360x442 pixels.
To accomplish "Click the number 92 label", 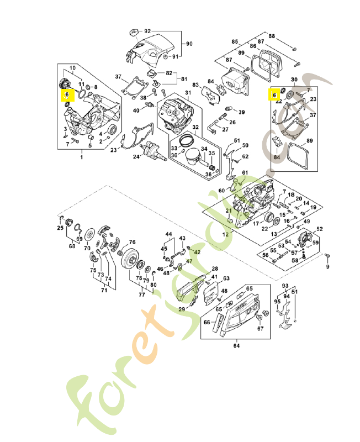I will click(x=147, y=31).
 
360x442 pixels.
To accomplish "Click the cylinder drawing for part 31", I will click(x=174, y=114).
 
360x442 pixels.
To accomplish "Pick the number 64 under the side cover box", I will click(x=236, y=346).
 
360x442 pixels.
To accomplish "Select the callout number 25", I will click(x=60, y=228).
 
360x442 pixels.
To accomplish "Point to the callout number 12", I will click(x=225, y=234).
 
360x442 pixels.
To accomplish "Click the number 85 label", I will click(x=235, y=42).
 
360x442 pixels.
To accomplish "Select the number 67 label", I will click(x=261, y=329).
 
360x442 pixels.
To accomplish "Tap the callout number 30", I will click(x=294, y=79).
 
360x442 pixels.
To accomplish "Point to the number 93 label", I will click(x=285, y=286).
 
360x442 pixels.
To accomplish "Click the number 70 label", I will click(x=87, y=248).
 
